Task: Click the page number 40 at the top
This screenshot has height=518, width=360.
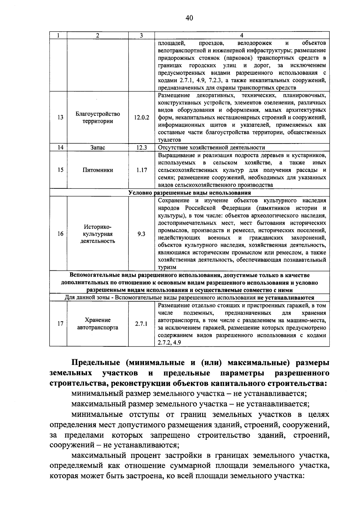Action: coord(189,18)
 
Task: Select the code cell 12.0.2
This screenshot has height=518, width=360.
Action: coord(141,118)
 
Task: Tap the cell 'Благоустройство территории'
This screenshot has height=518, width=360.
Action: coord(98,118)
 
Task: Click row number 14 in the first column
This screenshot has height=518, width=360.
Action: coord(61,147)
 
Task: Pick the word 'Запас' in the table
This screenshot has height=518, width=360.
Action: coord(98,147)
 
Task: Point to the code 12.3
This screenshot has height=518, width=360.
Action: coord(141,147)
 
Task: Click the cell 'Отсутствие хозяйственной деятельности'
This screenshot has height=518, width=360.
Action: coord(211,147)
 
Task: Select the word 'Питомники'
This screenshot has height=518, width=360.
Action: coord(98,170)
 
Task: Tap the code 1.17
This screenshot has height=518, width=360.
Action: coord(141,170)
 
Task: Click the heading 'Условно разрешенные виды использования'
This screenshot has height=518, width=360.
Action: coord(190,193)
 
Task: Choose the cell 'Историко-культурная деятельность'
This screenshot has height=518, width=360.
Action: coord(98,234)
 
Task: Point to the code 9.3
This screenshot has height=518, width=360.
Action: coord(141,234)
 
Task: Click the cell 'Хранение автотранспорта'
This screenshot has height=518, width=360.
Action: coord(98,324)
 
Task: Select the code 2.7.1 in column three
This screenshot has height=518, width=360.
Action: coord(141,324)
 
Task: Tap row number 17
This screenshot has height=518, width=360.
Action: coord(61,324)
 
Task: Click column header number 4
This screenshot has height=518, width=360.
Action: coord(242,35)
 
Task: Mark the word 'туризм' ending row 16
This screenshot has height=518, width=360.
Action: coord(167,267)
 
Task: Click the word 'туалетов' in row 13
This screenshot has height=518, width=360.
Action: coord(169,140)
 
